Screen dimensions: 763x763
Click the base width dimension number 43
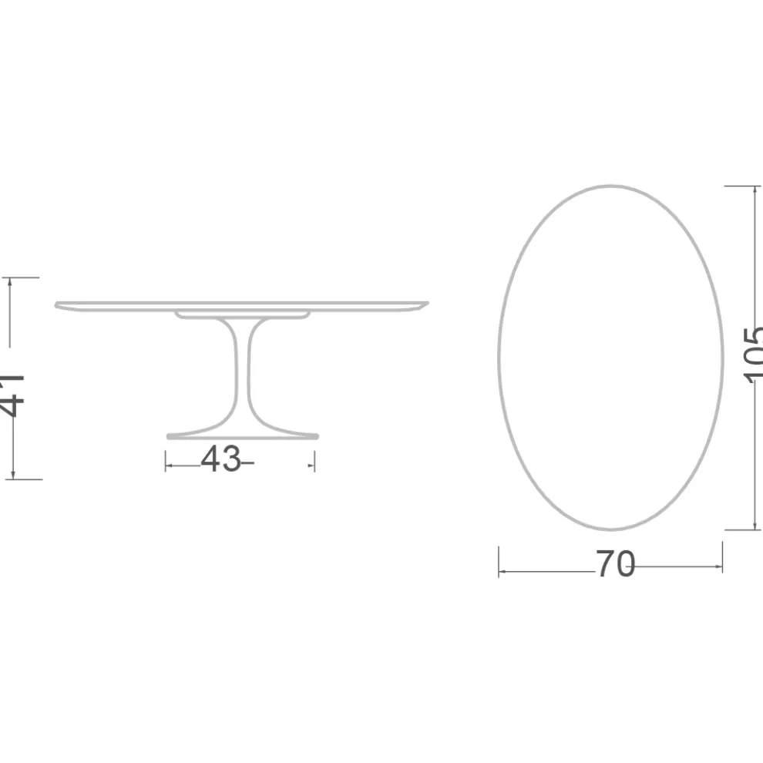(220, 460)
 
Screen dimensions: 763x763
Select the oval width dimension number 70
(614, 566)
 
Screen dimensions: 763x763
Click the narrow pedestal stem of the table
(242, 370)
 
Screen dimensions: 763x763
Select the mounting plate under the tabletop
(242, 314)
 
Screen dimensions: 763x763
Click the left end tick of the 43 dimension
(166, 461)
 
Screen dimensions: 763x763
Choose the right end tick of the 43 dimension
(314, 461)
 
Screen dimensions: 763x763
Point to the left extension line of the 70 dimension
(499, 561)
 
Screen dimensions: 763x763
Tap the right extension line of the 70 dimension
(722, 556)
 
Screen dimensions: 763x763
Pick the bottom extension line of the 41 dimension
(23, 479)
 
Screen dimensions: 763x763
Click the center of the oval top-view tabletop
(610, 358)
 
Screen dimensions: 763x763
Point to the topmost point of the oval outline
(610, 186)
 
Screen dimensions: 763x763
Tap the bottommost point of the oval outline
(610, 529)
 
